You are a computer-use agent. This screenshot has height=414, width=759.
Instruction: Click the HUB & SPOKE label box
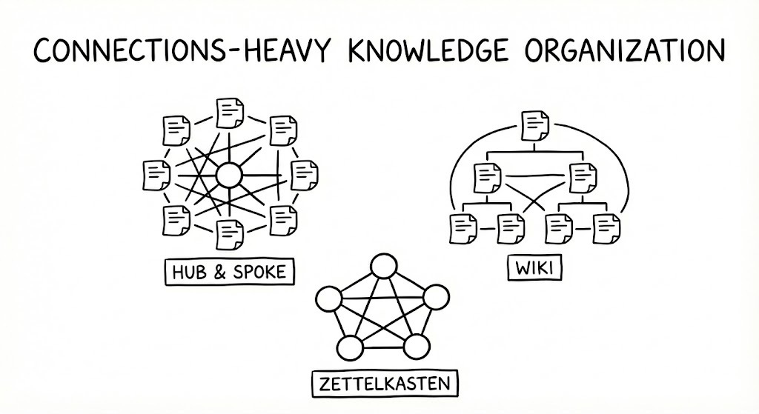click(228, 272)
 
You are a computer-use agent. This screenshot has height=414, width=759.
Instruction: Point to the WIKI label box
click(534, 269)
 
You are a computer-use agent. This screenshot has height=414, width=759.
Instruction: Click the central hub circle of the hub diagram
click(228, 176)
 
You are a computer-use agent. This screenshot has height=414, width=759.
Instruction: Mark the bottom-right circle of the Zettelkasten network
click(417, 347)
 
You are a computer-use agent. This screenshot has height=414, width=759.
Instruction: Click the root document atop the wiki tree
click(534, 126)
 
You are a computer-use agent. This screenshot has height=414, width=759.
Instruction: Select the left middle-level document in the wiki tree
click(485, 176)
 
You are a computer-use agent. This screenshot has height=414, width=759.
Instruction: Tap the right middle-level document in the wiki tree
click(582, 176)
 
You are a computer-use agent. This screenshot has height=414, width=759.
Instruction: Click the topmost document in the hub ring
click(229, 111)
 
